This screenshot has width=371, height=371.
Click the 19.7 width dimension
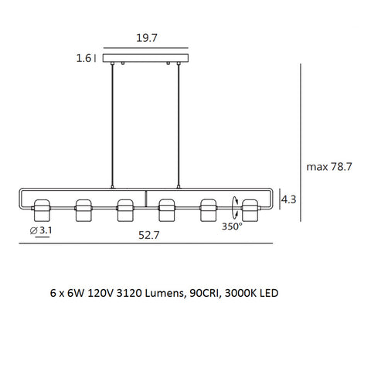(x=148, y=38)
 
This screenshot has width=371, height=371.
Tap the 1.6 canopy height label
(x=85, y=57)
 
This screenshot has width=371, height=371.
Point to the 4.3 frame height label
(x=289, y=199)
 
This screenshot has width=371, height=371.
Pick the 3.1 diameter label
(x=43, y=230)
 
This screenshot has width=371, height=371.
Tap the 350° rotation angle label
(x=232, y=226)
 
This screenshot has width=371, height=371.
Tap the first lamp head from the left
(x=42, y=209)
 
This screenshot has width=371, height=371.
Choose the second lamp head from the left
(x=83, y=209)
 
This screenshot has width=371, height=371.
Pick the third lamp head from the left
(x=125, y=209)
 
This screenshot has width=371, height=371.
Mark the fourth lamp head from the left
(x=167, y=209)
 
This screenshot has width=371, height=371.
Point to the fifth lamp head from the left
(x=209, y=209)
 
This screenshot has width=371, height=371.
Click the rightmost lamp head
(x=250, y=209)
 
